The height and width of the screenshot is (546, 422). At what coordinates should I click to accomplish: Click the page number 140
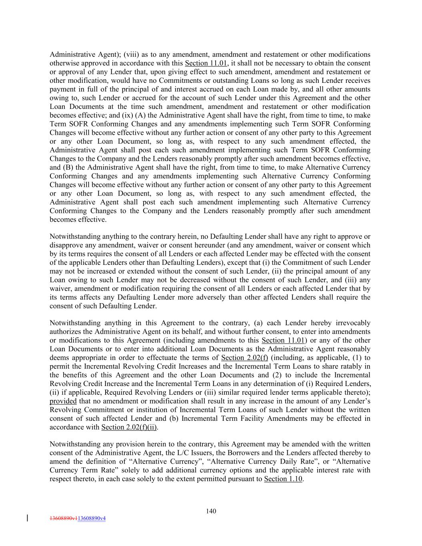coord(211,511)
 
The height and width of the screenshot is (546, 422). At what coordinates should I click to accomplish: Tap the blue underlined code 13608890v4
coord(92,518)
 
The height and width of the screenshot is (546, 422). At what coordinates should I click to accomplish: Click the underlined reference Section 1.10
coord(283,479)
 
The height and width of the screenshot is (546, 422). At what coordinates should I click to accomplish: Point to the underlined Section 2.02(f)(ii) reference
coord(129,427)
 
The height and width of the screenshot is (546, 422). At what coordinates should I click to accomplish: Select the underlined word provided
coord(63,401)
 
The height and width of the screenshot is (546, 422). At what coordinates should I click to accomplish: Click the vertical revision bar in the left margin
coord(27,518)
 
